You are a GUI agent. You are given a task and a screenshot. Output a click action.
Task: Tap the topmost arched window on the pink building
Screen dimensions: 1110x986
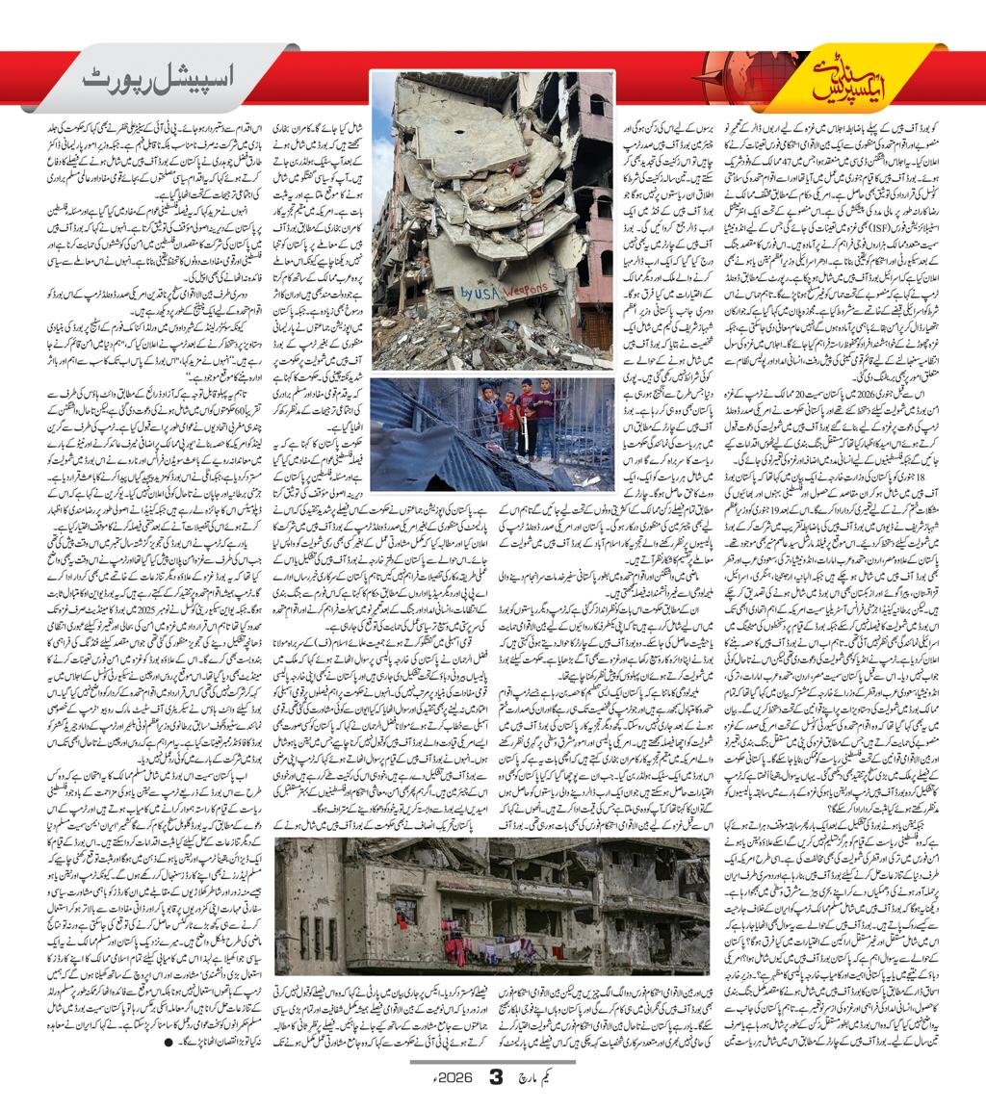point(599,105)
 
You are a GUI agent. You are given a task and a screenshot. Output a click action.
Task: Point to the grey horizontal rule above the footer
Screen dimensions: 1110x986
point(493,1061)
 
